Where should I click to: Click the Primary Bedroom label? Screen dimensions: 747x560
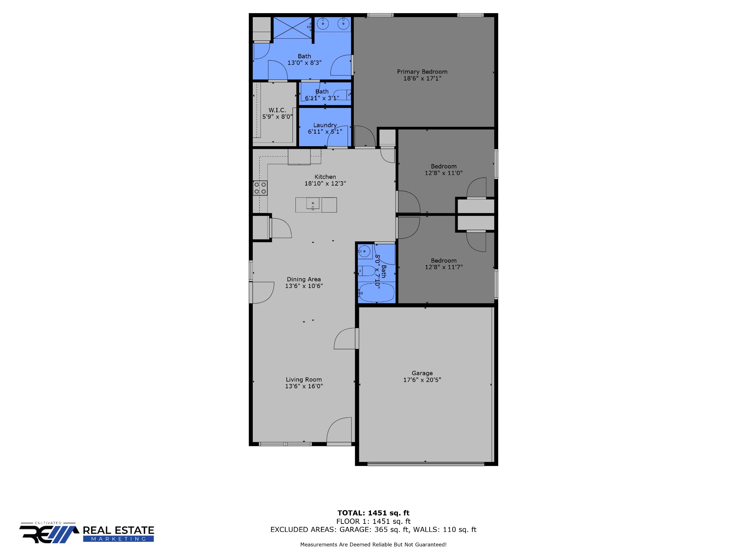click(422, 72)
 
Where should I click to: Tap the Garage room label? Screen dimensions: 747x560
click(422, 373)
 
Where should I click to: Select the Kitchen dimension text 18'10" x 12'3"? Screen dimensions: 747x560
click(325, 183)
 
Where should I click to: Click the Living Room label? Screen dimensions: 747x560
click(304, 380)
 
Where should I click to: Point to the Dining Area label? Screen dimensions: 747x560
click(304, 279)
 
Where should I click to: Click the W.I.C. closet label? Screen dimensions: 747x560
click(277, 110)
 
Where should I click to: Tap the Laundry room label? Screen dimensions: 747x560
click(325, 125)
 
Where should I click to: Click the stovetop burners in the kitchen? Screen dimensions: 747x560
click(260, 188)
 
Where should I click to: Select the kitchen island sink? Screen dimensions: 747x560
click(313, 203)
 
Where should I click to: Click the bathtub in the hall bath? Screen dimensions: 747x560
click(376, 293)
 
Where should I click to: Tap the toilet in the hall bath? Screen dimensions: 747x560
click(367, 271)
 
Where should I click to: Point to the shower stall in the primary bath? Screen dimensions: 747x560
click(293, 27)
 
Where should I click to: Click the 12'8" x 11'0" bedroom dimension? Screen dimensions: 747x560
click(444, 173)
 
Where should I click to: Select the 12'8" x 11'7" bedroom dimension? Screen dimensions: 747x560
click(444, 267)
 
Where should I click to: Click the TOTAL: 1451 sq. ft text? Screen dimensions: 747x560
click(373, 513)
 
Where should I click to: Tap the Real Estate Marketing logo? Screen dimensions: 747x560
click(87, 533)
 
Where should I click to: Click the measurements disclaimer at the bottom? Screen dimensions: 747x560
click(373, 545)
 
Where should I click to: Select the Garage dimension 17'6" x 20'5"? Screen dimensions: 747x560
click(422, 380)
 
